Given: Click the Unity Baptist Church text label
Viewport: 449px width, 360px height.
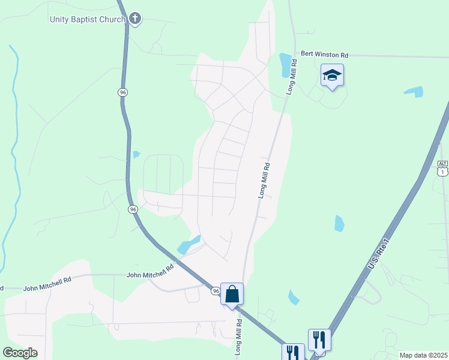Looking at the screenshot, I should pos(87,19).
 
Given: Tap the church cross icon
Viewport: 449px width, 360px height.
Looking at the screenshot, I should pos(134,19).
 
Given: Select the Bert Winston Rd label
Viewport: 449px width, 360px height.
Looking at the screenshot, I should pos(324,53).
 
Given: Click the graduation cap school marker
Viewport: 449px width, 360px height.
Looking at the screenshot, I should pos(332,76).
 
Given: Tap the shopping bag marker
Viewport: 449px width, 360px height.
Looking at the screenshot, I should pos(232,295).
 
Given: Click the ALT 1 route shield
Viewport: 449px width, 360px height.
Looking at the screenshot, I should pos(442,168).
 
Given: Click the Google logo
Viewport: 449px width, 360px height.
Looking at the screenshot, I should pos(20,353).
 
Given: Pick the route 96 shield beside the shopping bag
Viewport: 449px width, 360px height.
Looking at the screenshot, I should pos(216,291).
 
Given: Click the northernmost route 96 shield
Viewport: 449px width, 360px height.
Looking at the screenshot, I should pos(122,92).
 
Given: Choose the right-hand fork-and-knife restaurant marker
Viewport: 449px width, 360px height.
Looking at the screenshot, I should pos(319,339).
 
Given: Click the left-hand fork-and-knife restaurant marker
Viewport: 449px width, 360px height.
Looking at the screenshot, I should pos(294,353).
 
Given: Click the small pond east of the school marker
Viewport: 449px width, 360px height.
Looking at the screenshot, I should pos(413,92).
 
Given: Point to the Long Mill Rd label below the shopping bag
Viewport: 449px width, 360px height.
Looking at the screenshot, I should pos(238,338).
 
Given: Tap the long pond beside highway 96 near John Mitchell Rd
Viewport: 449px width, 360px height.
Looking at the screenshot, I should pos(188,244).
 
